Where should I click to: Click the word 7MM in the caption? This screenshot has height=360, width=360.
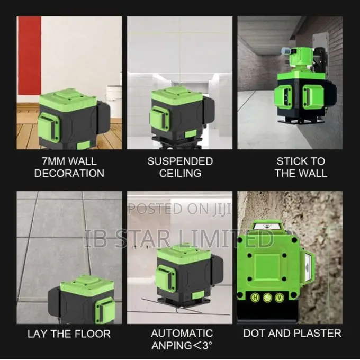[53, 161]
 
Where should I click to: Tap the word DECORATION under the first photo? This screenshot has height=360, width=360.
[69, 173]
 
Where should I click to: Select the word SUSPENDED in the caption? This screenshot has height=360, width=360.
[180, 161]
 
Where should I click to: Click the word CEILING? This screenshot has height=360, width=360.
[180, 173]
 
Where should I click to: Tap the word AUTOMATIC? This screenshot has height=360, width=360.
[182, 334]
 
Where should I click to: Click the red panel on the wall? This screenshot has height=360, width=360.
[30, 56]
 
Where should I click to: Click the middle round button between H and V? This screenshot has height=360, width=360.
[267, 298]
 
